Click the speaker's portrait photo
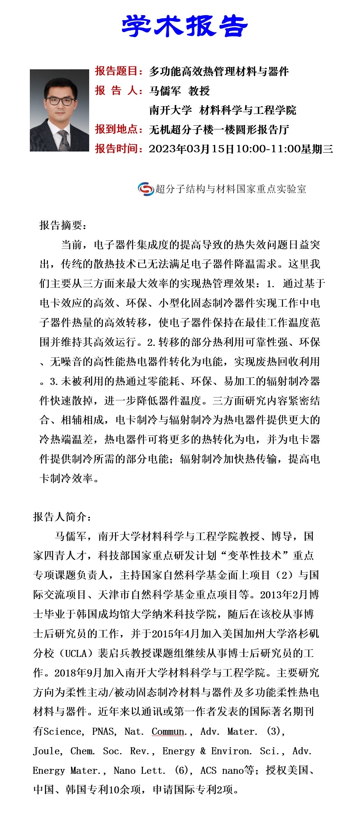(x=59, y=110)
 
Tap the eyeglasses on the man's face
(x=59, y=101)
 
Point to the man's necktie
(x=63, y=140)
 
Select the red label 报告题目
(x=117, y=71)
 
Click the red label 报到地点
(x=117, y=129)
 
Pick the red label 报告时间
(x=117, y=149)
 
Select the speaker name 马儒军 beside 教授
(x=165, y=91)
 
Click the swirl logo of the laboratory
(x=146, y=189)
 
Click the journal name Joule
(x=47, y=751)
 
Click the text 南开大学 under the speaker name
(x=170, y=110)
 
